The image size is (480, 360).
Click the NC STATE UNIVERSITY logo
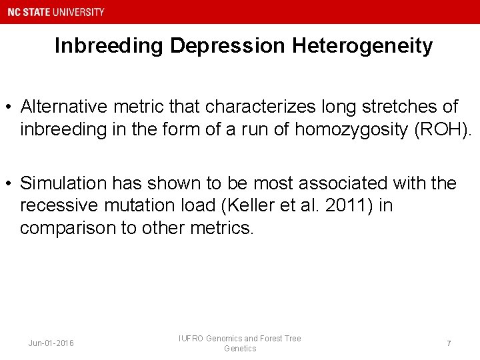coord(57,12)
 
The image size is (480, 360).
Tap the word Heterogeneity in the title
coord(362,46)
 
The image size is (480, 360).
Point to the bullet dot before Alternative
coord(8,107)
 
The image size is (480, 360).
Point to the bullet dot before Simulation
coord(8,183)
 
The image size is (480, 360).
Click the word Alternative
coord(63,107)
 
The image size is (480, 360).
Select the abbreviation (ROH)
coord(442,129)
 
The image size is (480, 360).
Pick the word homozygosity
coord(351,129)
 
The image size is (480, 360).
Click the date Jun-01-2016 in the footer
coord(51,343)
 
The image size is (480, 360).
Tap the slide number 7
coord(449,343)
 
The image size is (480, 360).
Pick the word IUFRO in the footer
coord(191,339)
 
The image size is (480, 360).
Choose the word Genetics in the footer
coord(240,349)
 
